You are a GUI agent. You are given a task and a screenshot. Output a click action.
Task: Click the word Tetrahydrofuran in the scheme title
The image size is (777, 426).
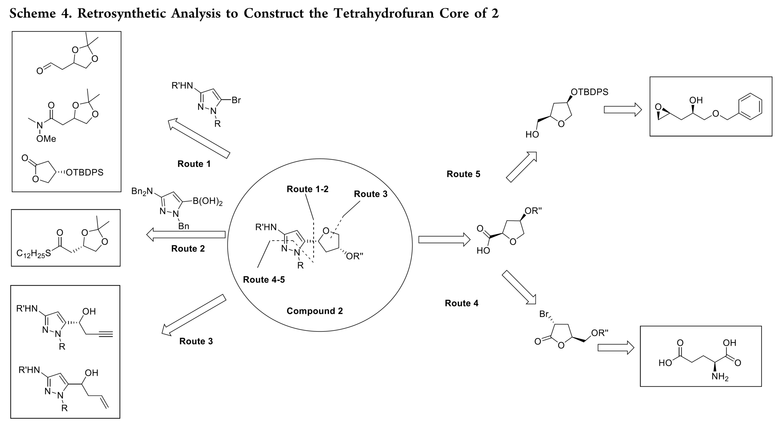(x=384, y=13)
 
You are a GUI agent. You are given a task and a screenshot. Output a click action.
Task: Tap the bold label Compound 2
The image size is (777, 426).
(x=314, y=311)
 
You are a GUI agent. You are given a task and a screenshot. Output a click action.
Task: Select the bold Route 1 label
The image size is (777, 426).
(x=194, y=164)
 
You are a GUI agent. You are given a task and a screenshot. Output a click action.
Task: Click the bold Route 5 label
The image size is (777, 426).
(x=463, y=174)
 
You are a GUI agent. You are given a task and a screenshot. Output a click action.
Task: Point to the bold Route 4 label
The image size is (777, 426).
(x=461, y=303)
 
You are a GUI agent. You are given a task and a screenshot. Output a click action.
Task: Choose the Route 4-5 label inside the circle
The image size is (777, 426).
(x=264, y=279)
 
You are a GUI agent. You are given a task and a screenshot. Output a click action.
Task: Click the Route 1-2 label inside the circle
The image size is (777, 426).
(x=307, y=189)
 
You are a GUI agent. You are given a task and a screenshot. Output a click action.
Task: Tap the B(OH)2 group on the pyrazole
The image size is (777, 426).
(x=208, y=201)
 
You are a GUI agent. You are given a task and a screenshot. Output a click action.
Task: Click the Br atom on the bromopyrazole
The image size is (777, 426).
(x=236, y=100)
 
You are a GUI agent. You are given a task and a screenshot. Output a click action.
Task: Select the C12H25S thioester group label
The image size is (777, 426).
(x=34, y=254)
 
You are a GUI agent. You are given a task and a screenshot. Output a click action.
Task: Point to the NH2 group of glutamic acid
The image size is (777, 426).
(x=720, y=377)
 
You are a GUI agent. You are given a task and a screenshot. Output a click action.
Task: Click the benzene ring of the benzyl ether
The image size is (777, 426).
(x=750, y=106)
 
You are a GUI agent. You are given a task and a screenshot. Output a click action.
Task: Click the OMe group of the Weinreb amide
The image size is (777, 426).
(x=46, y=139)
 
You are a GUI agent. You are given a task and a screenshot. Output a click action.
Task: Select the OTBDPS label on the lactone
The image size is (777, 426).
(x=84, y=173)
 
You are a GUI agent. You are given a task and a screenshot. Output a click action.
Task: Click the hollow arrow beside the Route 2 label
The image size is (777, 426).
(x=186, y=235)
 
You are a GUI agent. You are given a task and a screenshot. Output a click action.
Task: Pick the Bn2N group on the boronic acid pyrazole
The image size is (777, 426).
(x=142, y=191)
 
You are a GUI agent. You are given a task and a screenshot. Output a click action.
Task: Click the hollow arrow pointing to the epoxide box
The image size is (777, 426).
(x=623, y=110)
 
